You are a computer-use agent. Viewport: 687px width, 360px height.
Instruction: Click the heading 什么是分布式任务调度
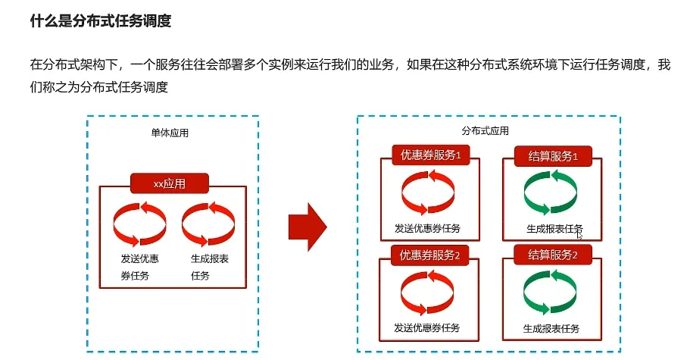tap(101, 21)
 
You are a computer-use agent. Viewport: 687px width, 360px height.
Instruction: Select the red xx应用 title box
tap(170, 183)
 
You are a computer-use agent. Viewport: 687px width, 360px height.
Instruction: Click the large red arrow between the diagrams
tap(308, 226)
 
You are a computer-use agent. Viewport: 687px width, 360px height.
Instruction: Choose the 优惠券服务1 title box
tap(430, 155)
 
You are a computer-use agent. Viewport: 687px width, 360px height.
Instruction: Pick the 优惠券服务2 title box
tap(430, 255)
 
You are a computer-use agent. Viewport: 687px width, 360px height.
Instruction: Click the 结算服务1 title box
tap(553, 157)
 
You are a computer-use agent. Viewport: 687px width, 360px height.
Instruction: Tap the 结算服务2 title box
tap(553, 255)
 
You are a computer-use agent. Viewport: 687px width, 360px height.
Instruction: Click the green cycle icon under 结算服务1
tap(551, 193)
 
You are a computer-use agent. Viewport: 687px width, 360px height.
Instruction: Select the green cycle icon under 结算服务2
tap(551, 293)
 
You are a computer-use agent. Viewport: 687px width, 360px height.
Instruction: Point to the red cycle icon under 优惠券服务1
tap(427, 193)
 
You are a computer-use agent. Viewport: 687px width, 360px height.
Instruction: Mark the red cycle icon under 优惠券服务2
tap(427, 293)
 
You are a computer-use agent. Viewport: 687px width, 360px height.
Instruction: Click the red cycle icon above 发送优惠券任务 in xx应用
tap(139, 224)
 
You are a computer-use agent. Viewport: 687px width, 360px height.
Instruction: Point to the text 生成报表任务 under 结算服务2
tap(551, 329)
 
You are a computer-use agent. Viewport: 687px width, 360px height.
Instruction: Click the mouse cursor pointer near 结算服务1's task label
tap(580, 235)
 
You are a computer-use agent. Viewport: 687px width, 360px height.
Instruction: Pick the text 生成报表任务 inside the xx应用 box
tap(210, 267)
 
